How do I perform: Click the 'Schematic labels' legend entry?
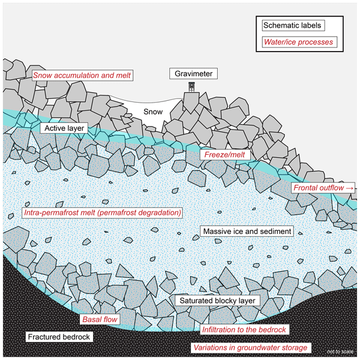tap(293, 26)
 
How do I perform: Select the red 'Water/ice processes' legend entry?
tap(298, 43)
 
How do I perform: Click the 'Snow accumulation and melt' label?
tap(82, 75)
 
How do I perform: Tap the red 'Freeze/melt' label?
tap(225, 155)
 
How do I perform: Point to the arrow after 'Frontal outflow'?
tap(351, 188)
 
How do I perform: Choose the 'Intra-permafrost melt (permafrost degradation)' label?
tap(102, 212)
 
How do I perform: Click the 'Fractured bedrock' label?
tap(59, 337)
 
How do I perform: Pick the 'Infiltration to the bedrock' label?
tap(244, 330)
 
